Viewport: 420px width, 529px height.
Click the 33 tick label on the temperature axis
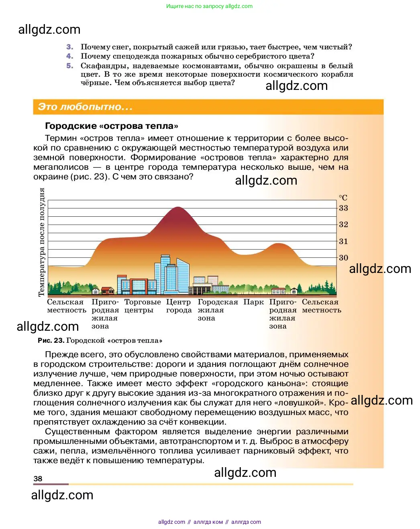pos(343,208)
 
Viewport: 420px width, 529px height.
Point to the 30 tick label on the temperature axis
pos(343,258)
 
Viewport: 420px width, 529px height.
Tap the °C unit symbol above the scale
pos(343,198)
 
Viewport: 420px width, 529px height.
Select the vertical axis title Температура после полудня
pos(41,242)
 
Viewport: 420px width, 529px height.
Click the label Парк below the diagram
pos(254,302)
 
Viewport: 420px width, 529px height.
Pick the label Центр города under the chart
pos(179,306)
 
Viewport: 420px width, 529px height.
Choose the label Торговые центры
pos(142,306)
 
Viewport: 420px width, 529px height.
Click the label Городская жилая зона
pos(217,310)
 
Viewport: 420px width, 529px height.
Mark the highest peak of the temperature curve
pos(177,208)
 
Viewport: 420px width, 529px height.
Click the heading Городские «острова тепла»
pos(112,126)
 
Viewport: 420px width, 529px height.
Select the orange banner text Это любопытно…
pos(85,107)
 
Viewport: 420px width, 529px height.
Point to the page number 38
pos(38,478)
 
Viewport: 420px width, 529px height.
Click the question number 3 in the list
pos(70,47)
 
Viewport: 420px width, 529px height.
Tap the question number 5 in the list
pos(70,66)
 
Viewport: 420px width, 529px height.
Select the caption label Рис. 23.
pos(51,340)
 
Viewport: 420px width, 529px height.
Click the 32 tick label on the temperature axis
pos(343,224)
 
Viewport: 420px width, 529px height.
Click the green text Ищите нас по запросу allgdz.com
pos(209,6)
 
